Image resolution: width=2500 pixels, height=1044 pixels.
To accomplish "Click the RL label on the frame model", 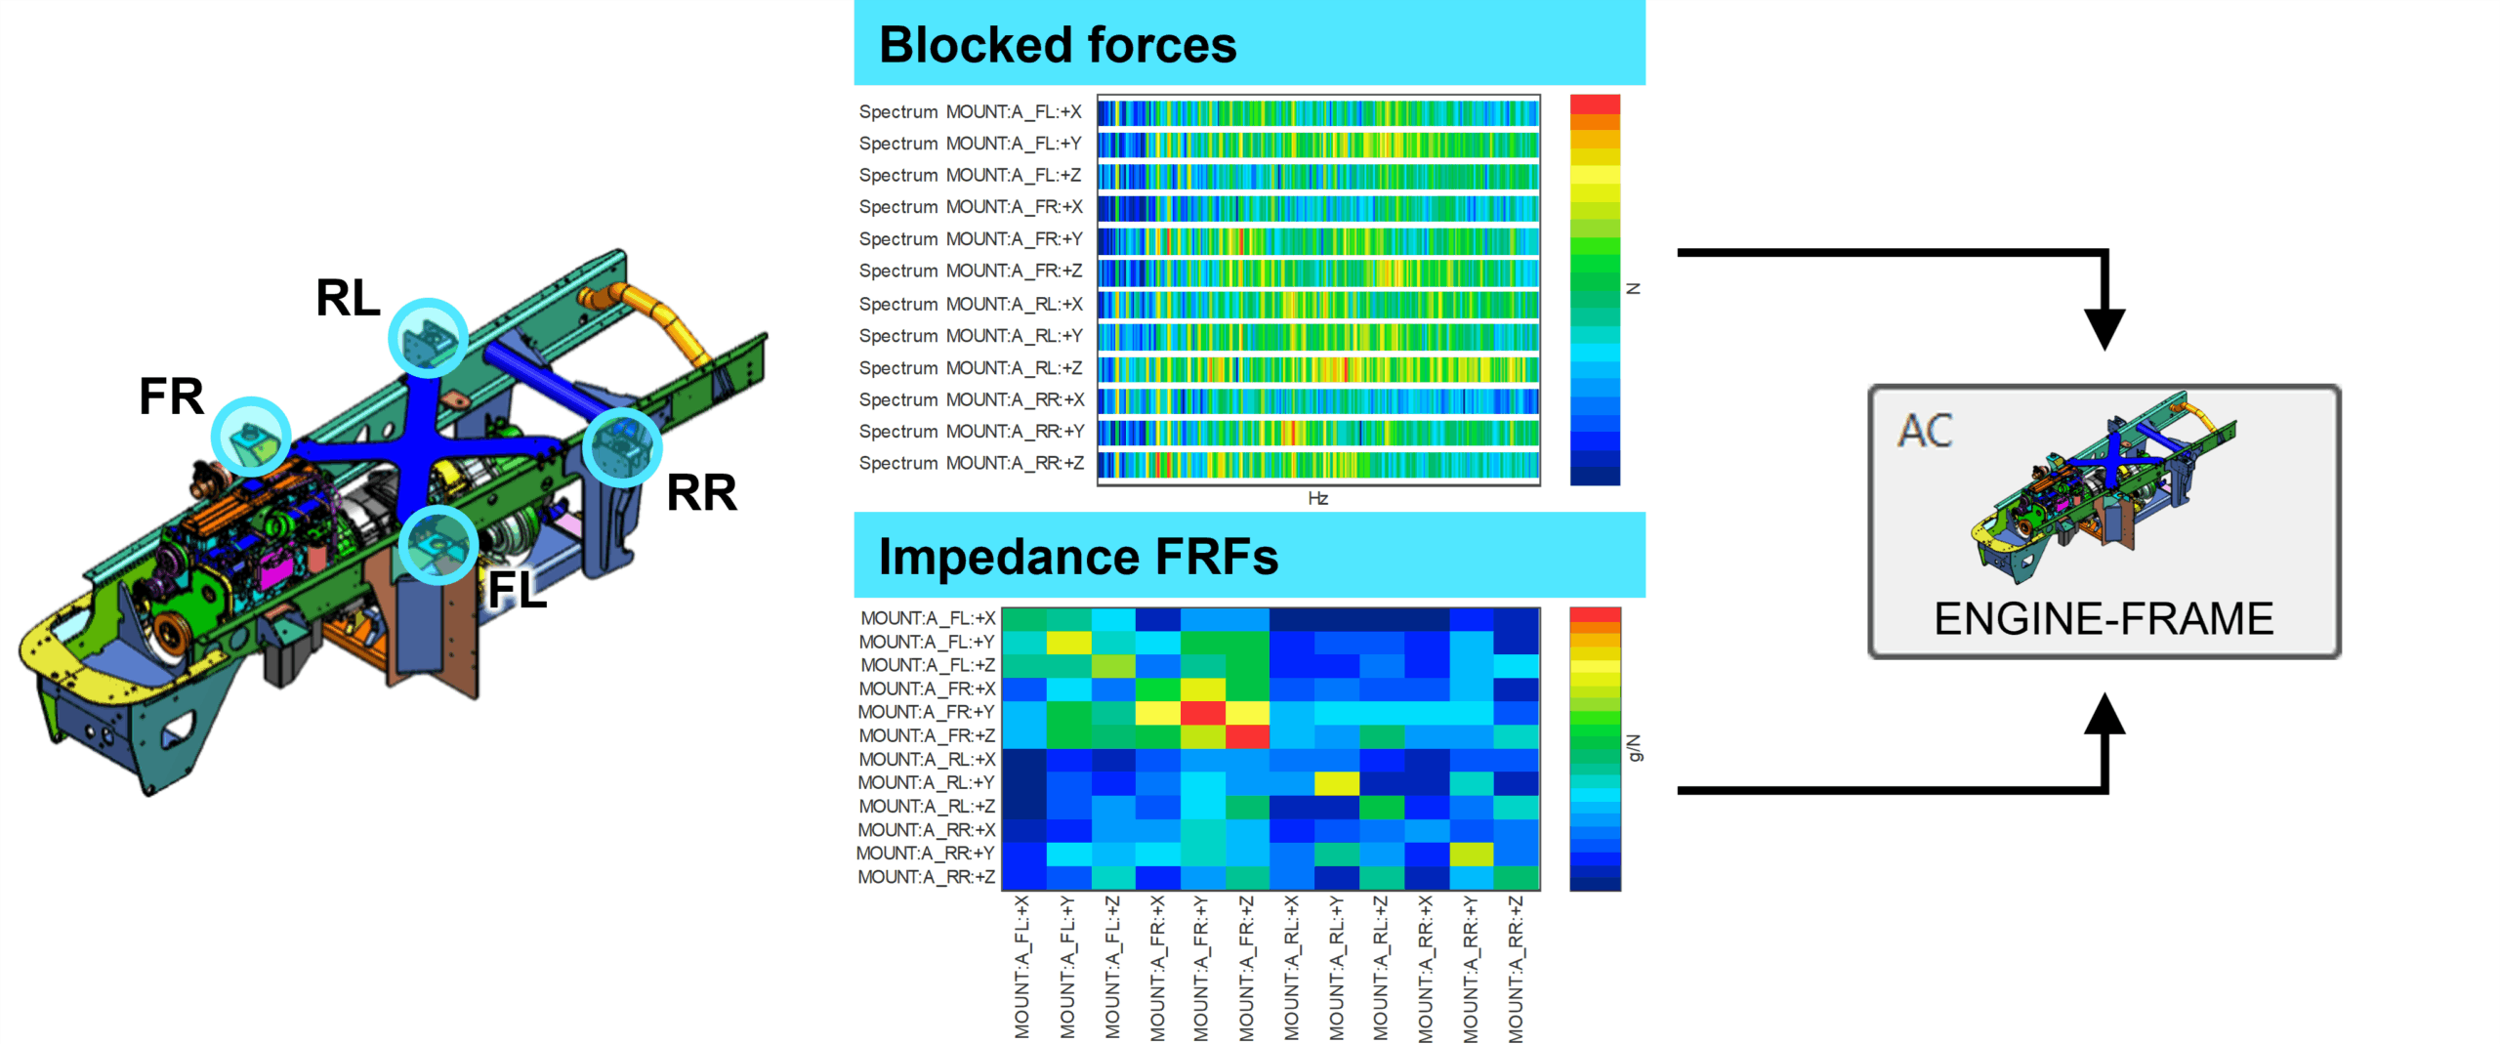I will coord(348,298).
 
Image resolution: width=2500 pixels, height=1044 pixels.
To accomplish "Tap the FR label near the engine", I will coord(171,397).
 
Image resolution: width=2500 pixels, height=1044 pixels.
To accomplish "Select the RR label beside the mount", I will coord(701,493).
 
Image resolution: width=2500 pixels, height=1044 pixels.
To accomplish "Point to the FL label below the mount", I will coord(517,590).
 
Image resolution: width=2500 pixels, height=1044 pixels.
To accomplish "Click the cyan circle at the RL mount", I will coord(428,338).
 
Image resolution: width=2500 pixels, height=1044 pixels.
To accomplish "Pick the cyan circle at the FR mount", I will coord(251,437).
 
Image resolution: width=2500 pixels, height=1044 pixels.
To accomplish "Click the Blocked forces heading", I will coord(1057,45).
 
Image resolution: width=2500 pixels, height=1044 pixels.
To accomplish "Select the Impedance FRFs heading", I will coord(1077,557).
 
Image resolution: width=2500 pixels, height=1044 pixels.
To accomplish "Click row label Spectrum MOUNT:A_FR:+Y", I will coord(970,239).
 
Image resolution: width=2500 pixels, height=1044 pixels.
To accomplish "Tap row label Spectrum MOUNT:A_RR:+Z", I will coord(970,463).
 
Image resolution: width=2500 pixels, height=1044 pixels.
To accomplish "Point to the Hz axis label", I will coord(1317,498).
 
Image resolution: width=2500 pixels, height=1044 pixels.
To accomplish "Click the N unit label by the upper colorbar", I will coord(1633,289).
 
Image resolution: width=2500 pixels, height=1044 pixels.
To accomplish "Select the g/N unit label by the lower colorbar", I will coord(1633,748).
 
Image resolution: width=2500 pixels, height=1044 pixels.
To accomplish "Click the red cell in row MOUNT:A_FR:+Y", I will coord(1202,712).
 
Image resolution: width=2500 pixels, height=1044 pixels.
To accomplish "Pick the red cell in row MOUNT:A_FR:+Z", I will coord(1247,735).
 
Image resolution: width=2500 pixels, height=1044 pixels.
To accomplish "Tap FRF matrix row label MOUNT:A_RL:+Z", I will coord(926,806).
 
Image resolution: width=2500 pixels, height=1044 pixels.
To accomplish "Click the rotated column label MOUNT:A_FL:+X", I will coord(1021,967).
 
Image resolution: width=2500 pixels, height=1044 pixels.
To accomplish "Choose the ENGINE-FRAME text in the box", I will coord(2104,619).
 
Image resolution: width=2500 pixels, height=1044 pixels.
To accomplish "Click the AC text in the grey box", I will coord(1924,431).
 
